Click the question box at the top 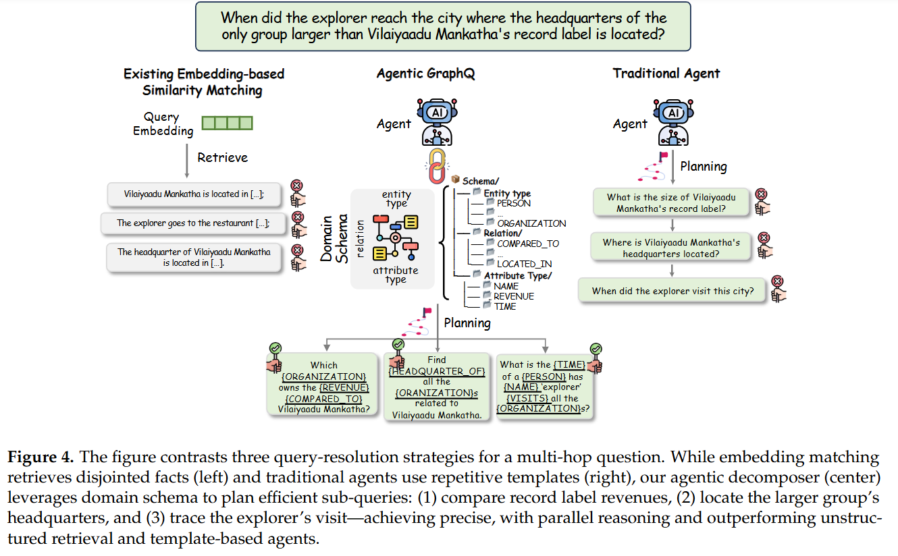[443, 26]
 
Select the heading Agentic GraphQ [425, 74]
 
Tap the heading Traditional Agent [666, 74]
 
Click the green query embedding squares [228, 123]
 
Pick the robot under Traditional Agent [673, 122]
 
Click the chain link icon [438, 166]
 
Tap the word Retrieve [222, 158]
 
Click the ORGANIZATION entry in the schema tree [531, 223]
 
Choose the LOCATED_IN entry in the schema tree [525, 264]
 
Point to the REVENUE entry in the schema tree [513, 296]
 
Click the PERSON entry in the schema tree [513, 203]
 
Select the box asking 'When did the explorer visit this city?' [672, 291]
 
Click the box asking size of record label [671, 202]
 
